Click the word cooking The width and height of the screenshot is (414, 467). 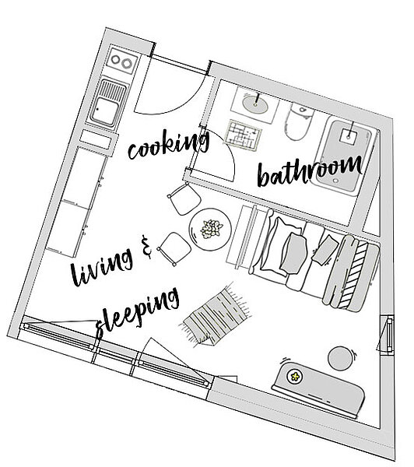(169, 145)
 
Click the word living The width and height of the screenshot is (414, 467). (102, 266)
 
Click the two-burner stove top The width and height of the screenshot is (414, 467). (122, 61)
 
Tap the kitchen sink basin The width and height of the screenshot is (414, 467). (104, 111)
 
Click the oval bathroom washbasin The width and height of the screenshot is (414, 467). (255, 104)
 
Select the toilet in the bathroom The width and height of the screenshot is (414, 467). (299, 121)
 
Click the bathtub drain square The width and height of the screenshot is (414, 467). (349, 137)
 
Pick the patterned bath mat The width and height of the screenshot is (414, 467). (244, 135)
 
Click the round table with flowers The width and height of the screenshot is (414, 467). (210, 230)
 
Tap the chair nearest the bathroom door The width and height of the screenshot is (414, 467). (184, 198)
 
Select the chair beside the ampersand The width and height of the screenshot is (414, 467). (174, 248)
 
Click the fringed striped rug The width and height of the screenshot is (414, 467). (216, 315)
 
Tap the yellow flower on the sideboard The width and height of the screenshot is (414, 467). (295, 377)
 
